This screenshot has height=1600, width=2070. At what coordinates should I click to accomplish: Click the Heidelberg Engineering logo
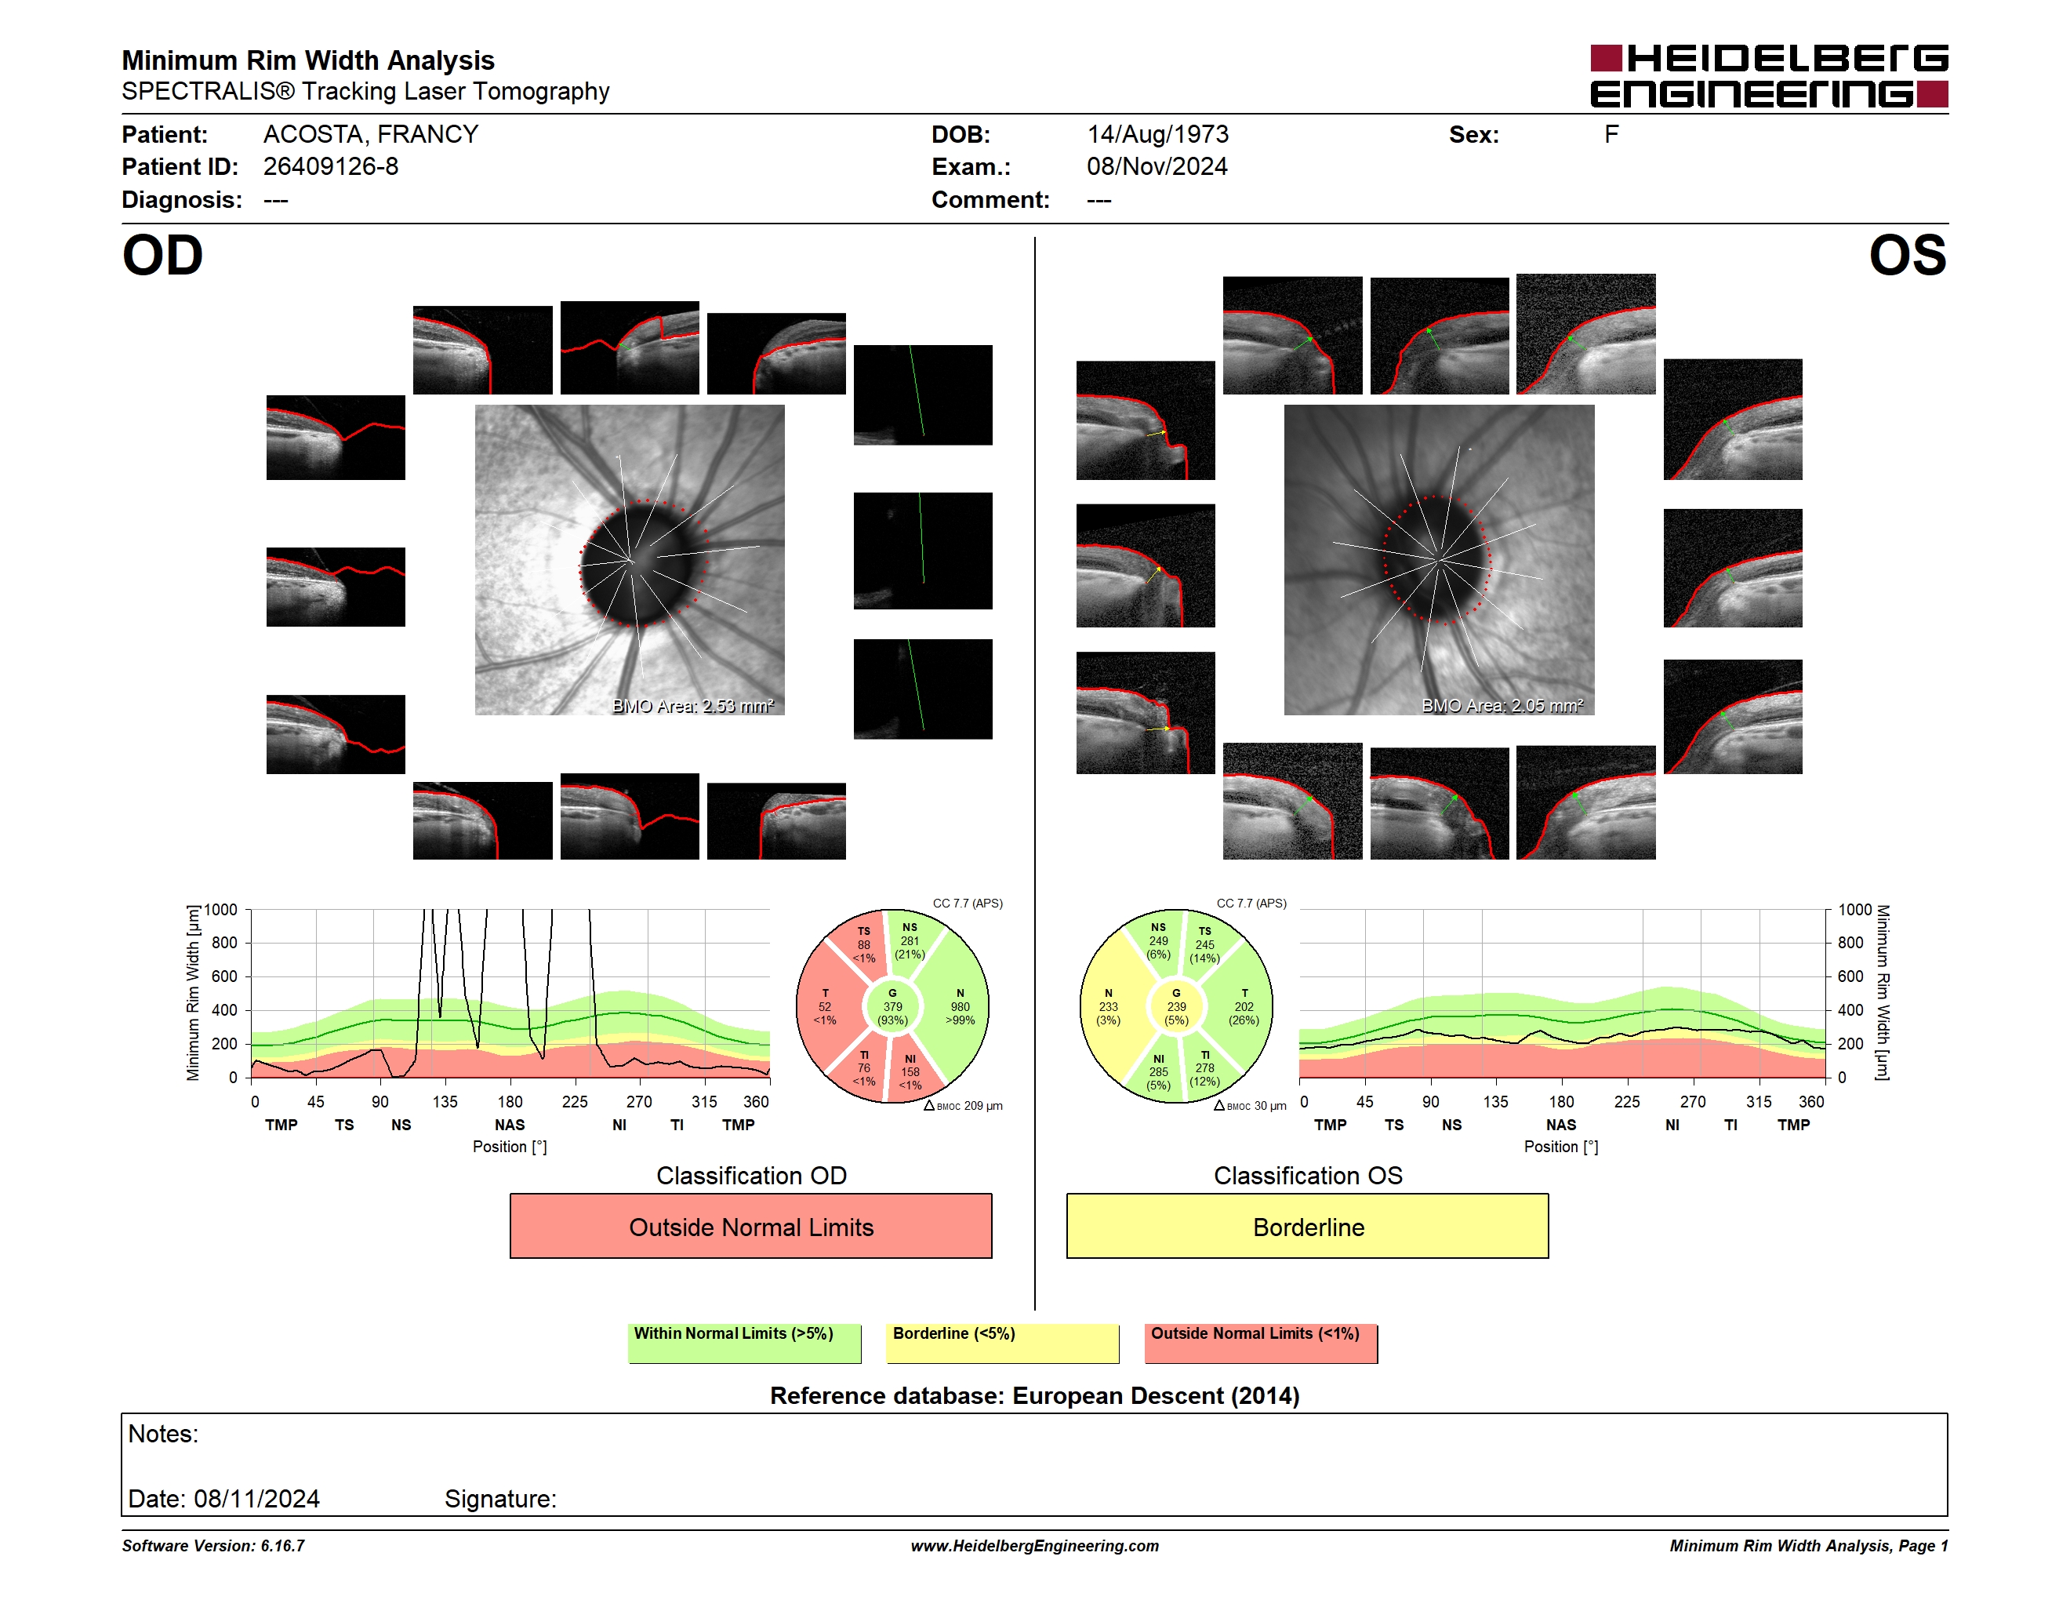[x=1769, y=76]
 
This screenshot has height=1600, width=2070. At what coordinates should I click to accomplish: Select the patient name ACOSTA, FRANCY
[x=371, y=135]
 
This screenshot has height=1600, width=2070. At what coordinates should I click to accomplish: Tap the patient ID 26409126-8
[x=331, y=167]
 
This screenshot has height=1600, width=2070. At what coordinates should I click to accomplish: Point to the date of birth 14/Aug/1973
[x=1157, y=135]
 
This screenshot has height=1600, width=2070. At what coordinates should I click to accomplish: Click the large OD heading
[x=162, y=256]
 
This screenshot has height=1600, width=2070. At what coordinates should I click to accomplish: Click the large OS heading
[x=1907, y=256]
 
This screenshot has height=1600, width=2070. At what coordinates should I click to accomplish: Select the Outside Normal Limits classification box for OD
[x=750, y=1226]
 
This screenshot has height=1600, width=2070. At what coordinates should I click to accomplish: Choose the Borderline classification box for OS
[x=1307, y=1226]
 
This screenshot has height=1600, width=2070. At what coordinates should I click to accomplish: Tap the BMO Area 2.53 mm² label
[x=693, y=705]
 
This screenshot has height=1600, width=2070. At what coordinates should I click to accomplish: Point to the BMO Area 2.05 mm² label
[x=1502, y=705]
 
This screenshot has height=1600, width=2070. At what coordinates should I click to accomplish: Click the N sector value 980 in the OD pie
[x=961, y=1006]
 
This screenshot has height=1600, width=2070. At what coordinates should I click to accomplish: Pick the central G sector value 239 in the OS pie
[x=1176, y=1006]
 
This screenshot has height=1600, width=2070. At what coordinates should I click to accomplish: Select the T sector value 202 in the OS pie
[x=1244, y=1006]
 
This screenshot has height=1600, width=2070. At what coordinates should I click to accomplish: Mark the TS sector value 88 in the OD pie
[x=863, y=944]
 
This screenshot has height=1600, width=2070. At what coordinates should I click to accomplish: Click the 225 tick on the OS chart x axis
[x=1626, y=1101]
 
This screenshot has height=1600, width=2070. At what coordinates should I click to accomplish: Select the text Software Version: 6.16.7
[x=213, y=1546]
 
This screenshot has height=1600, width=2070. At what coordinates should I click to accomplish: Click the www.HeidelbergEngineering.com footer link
[x=1035, y=1546]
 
